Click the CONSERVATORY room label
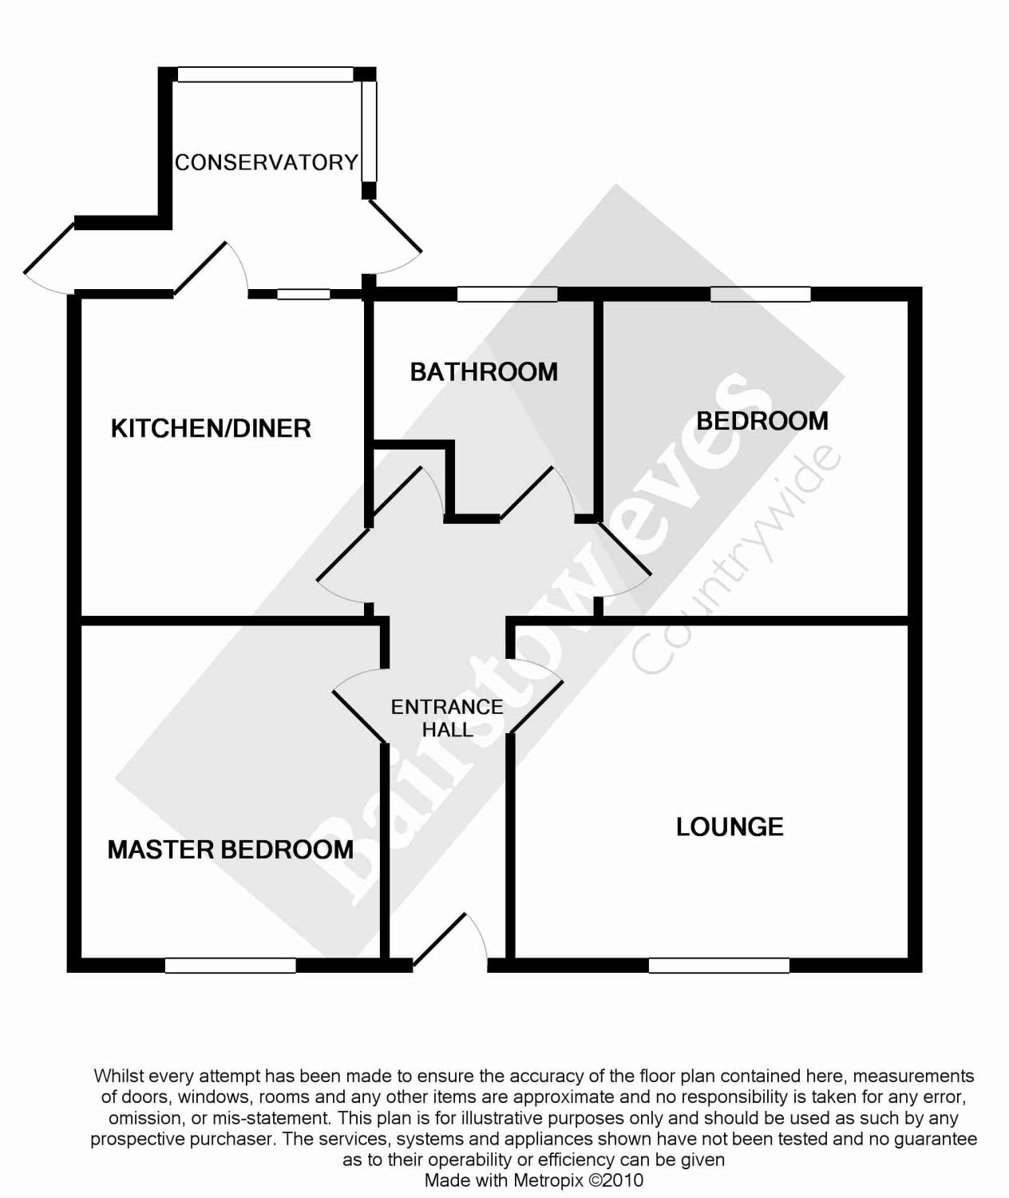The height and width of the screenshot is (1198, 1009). tap(267, 163)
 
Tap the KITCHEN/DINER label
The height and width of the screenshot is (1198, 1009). tap(211, 428)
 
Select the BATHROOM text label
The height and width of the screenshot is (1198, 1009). tap(484, 372)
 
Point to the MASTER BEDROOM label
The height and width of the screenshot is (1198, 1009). tap(231, 849)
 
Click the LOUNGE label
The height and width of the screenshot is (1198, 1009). tap(730, 827)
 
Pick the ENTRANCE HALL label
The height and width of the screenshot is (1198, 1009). tap(447, 718)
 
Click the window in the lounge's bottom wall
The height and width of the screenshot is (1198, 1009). tap(718, 966)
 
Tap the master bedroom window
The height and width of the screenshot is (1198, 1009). tap(230, 966)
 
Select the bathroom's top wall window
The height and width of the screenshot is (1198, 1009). tap(507, 295)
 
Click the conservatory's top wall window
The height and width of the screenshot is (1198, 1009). tap(265, 74)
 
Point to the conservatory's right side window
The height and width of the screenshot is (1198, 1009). tap(368, 132)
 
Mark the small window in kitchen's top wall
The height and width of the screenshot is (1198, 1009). tap(303, 295)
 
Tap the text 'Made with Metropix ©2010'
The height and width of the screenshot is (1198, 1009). tap(533, 1180)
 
